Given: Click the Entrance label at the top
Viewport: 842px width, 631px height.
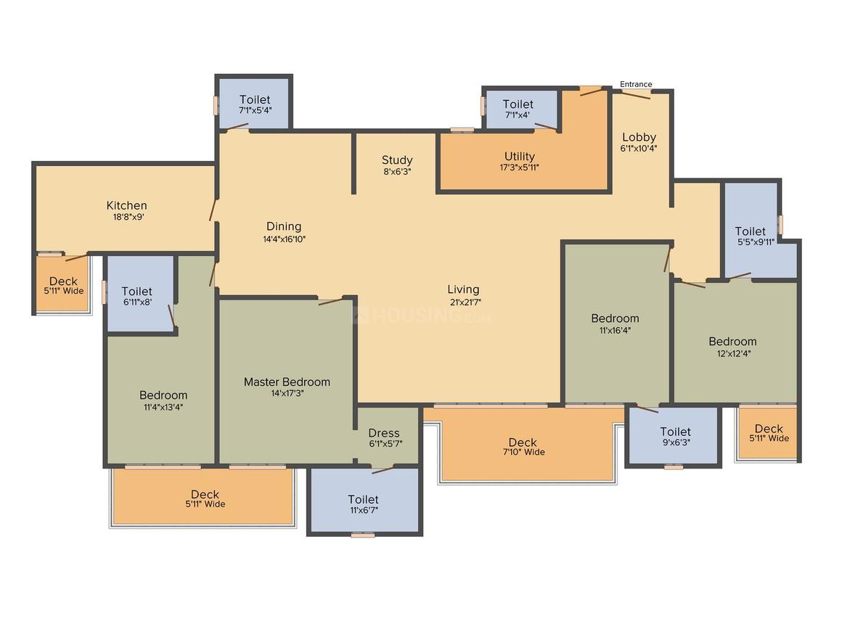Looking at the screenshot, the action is coord(636,84).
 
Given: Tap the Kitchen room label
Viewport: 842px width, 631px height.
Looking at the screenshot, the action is coord(127,205).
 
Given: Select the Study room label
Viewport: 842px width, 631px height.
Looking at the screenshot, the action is coord(397,160).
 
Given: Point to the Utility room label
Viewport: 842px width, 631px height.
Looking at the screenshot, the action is coord(519,156).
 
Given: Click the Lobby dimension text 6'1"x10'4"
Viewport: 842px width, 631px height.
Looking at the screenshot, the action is coord(639,149).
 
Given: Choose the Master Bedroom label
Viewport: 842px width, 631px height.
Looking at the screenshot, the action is coord(287,382).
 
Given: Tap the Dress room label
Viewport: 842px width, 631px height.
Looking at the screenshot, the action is coord(384,432).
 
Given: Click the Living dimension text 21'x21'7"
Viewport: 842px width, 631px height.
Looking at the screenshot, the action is coord(465,302).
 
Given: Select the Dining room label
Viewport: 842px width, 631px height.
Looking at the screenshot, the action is coord(284,226).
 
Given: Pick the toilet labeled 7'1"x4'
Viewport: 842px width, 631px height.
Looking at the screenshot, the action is coord(518,109).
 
